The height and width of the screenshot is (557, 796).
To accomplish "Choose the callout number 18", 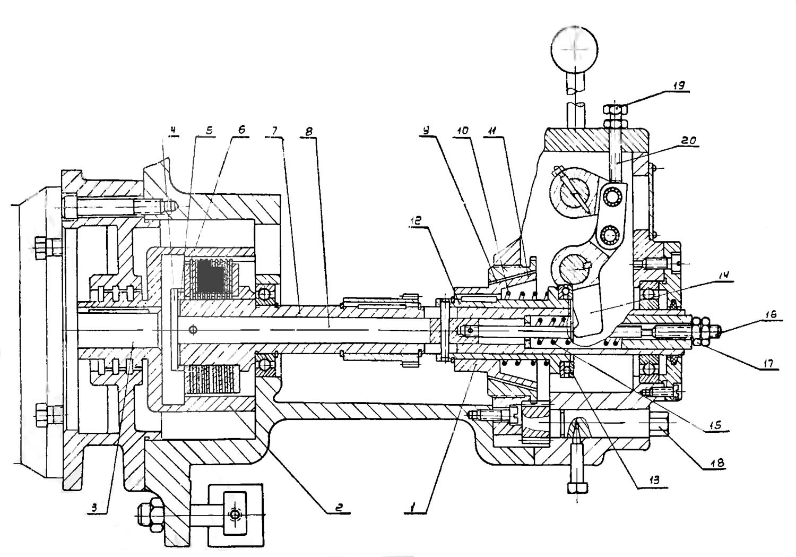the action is point(717,463).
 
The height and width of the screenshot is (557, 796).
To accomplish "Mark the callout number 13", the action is point(654,480).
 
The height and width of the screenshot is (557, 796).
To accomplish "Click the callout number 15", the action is point(715,425).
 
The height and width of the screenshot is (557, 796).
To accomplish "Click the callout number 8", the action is point(309,132).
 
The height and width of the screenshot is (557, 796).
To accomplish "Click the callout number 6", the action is point(241,130).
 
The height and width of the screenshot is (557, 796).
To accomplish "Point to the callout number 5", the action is point(209,130).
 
